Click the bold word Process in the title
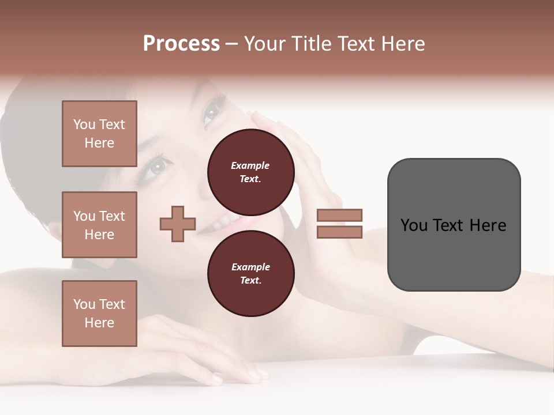click(x=181, y=44)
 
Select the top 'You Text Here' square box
click(x=99, y=134)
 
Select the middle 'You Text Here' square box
click(x=99, y=225)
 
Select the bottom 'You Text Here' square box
click(x=99, y=314)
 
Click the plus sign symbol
click(x=178, y=224)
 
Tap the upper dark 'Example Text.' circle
click(x=250, y=172)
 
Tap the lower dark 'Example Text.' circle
click(x=250, y=274)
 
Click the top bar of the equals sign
click(x=339, y=215)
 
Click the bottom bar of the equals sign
click(x=339, y=232)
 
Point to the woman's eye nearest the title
click(x=212, y=111)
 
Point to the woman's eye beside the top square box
click(x=158, y=167)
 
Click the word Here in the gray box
click(x=488, y=225)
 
